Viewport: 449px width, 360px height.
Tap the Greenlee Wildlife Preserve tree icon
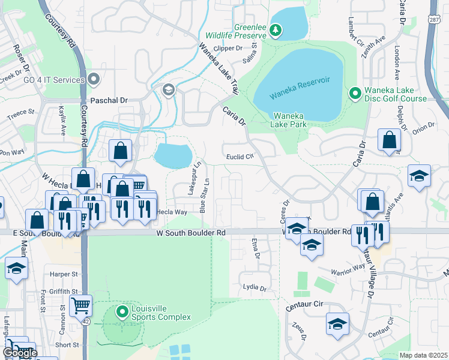point(276,29)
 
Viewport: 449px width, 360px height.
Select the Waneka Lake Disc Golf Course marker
point(355,94)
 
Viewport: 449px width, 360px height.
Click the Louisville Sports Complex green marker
point(123,311)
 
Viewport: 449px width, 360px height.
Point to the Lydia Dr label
point(254,288)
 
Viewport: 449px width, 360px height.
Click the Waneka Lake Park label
point(290,120)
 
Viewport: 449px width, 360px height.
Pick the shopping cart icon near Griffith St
point(80,306)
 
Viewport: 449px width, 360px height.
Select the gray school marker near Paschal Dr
point(168,90)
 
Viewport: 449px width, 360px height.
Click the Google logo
point(20,353)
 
